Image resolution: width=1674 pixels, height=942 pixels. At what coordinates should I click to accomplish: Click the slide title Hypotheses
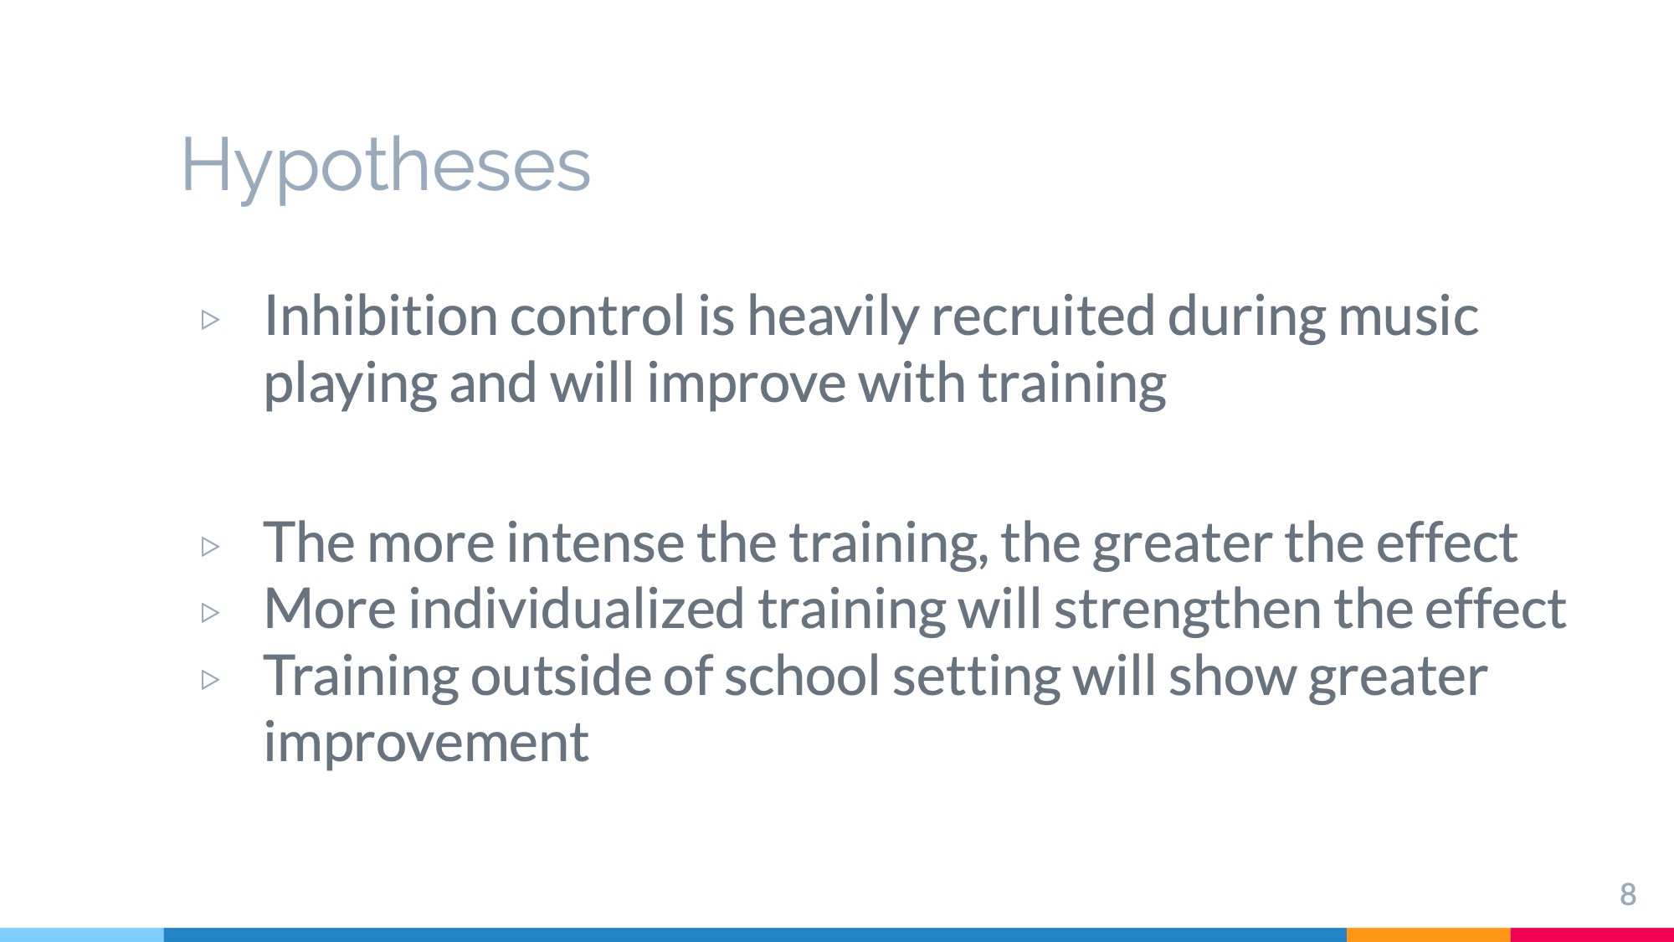[x=386, y=166]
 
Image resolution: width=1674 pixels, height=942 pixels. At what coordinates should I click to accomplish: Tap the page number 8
[x=1628, y=894]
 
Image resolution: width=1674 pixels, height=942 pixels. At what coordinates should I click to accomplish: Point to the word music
[x=1408, y=316]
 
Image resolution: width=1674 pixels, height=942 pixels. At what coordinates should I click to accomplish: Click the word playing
[x=350, y=384]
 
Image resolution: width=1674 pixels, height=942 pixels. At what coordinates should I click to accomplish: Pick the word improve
[x=746, y=384]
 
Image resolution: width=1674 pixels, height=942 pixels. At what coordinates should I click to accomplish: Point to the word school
[x=802, y=676]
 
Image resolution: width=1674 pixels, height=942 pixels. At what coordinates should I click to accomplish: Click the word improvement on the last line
[x=426, y=743]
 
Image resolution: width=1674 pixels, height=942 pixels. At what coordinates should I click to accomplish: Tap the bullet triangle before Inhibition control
[x=210, y=320]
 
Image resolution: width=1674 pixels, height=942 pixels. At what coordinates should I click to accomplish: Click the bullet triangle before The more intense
[x=210, y=547]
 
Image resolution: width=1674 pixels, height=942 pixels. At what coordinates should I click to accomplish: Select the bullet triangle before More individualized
[x=210, y=613]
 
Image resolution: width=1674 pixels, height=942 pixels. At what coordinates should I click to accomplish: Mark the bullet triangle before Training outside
[x=210, y=679]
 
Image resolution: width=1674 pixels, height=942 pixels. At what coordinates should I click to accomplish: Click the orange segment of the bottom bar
[x=1429, y=934]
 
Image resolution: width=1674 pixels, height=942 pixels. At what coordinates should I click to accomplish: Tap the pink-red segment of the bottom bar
[x=1592, y=934]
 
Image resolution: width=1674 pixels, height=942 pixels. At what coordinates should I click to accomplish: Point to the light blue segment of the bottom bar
[x=82, y=934]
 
